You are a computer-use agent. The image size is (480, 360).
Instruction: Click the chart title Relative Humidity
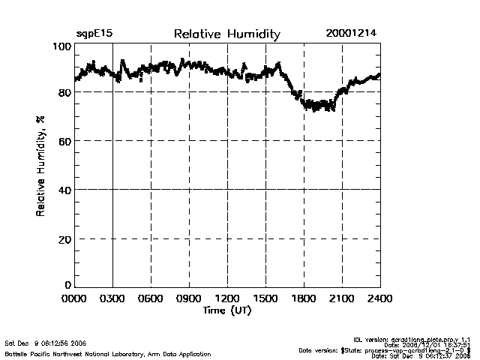226,34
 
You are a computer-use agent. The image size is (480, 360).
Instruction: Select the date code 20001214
351,34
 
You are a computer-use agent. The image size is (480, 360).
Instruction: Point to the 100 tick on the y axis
62,47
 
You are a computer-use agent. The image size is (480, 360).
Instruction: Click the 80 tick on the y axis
64,92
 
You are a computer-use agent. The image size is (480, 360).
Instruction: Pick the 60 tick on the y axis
64,141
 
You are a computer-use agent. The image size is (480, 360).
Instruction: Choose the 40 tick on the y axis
64,190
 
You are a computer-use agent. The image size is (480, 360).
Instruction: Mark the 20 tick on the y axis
64,238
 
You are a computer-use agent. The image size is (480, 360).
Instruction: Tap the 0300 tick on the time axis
112,298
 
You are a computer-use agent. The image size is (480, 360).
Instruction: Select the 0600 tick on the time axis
151,298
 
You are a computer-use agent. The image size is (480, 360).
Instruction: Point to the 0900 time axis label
189,298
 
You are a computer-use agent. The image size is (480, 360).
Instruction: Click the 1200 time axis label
227,298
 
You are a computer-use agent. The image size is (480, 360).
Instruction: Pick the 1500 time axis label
265,298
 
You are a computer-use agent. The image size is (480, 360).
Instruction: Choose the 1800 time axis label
304,298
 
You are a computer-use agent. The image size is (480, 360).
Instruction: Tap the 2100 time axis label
342,298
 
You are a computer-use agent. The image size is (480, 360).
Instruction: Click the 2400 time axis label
379,298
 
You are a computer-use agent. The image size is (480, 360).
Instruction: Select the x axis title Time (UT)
226,310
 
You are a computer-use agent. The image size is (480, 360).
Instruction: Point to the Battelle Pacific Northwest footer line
84,353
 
